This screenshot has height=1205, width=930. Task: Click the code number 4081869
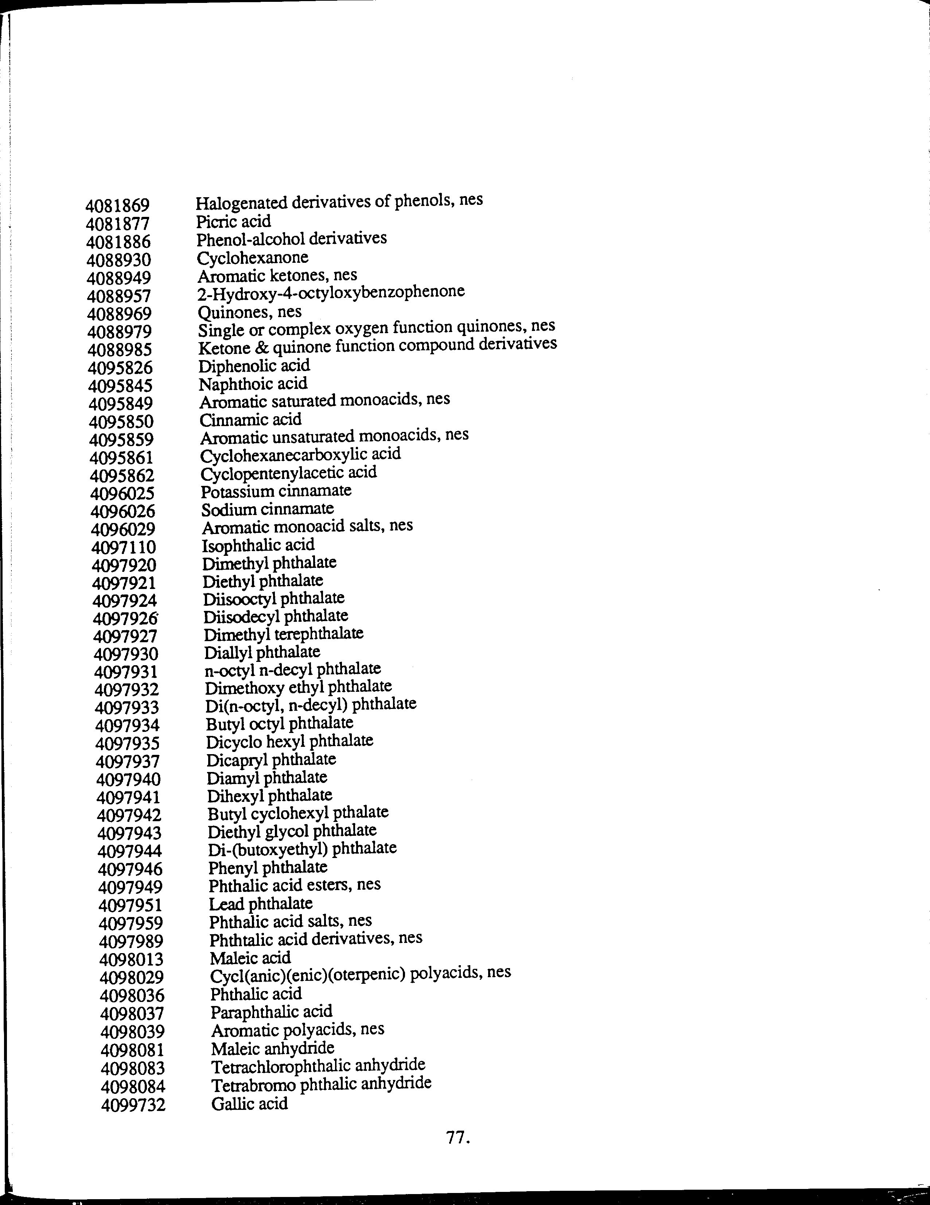117,206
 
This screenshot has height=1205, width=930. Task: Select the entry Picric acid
233,222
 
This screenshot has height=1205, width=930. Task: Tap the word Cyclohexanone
252,258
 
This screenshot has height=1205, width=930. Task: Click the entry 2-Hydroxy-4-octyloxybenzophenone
331,292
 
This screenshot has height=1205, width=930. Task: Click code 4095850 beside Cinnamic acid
121,422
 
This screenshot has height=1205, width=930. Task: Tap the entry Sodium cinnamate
267,509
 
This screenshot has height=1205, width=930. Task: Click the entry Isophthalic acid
258,545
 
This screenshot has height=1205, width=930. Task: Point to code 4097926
125,619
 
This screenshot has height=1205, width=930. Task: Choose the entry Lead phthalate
261,904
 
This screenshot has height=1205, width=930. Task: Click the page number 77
458,1137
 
